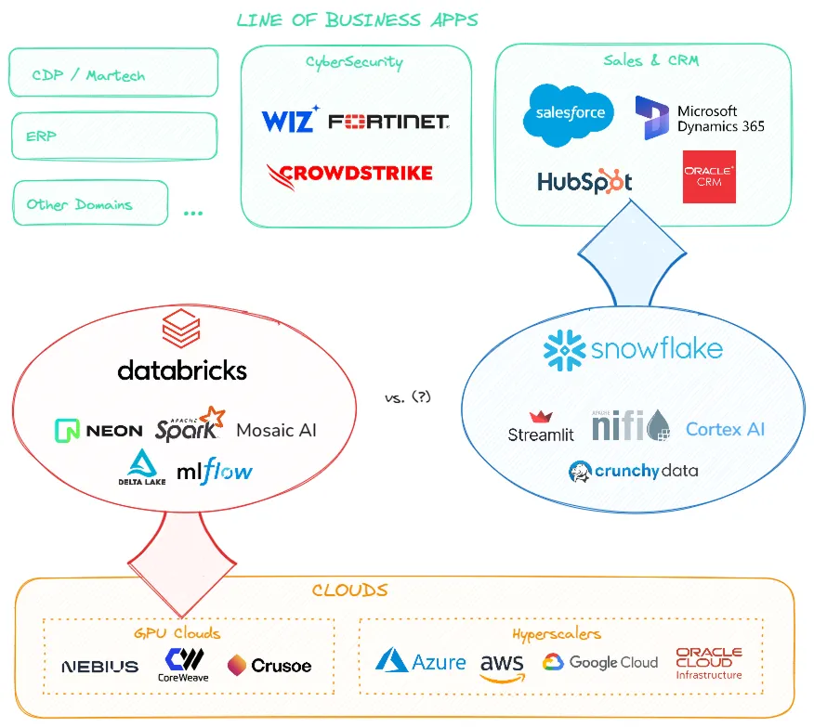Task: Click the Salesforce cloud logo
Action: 570,114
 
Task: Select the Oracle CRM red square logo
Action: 709,176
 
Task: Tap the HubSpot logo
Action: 584,182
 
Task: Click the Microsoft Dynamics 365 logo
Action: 700,118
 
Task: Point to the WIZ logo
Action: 290,121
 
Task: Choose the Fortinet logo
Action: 388,122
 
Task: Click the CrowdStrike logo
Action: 349,173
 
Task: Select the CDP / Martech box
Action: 113,73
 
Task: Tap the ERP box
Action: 113,136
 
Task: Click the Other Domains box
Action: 90,203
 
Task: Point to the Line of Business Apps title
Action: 357,19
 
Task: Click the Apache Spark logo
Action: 190,425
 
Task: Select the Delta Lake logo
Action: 141,467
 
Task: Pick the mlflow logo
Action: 214,471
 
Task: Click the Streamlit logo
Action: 541,426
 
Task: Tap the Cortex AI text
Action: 726,429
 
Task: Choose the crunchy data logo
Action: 633,471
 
